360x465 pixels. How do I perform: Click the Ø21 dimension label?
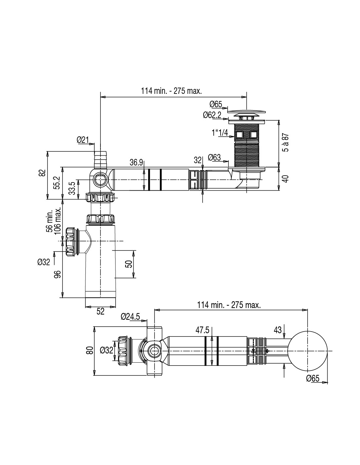coord(83,140)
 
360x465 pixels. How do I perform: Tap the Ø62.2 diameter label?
coord(212,115)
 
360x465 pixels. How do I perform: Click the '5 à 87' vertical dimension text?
coord(286,143)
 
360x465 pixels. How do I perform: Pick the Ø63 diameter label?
coord(214,158)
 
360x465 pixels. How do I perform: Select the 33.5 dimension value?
coord(72,188)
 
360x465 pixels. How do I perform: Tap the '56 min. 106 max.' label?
coord(54,219)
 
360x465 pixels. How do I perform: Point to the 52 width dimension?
coord(100,312)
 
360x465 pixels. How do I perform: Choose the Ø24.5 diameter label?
coord(130,317)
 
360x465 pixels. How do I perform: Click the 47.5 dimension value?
coord(203,331)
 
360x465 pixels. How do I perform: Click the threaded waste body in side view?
coord(246,144)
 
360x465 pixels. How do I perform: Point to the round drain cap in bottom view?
coord(308,351)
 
